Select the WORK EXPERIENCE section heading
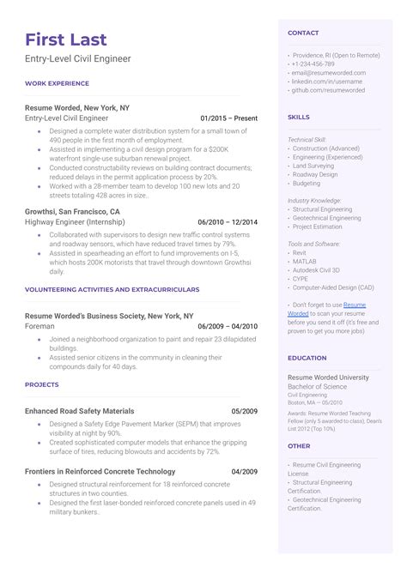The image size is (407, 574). click(57, 83)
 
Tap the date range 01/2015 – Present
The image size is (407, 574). click(228, 118)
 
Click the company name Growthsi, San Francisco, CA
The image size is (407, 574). click(73, 210)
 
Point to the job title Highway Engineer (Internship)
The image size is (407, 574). click(76, 221)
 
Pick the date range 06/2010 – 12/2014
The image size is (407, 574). click(228, 221)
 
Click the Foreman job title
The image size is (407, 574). click(40, 326)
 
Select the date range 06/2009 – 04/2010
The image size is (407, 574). click(228, 326)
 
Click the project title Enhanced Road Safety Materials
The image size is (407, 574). click(80, 411)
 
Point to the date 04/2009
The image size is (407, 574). click(244, 471)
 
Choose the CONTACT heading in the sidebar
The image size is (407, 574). click(303, 33)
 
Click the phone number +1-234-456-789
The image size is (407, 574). click(314, 63)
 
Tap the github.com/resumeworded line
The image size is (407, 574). click(329, 90)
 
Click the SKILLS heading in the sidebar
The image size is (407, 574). click(299, 117)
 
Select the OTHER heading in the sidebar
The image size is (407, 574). click(299, 446)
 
